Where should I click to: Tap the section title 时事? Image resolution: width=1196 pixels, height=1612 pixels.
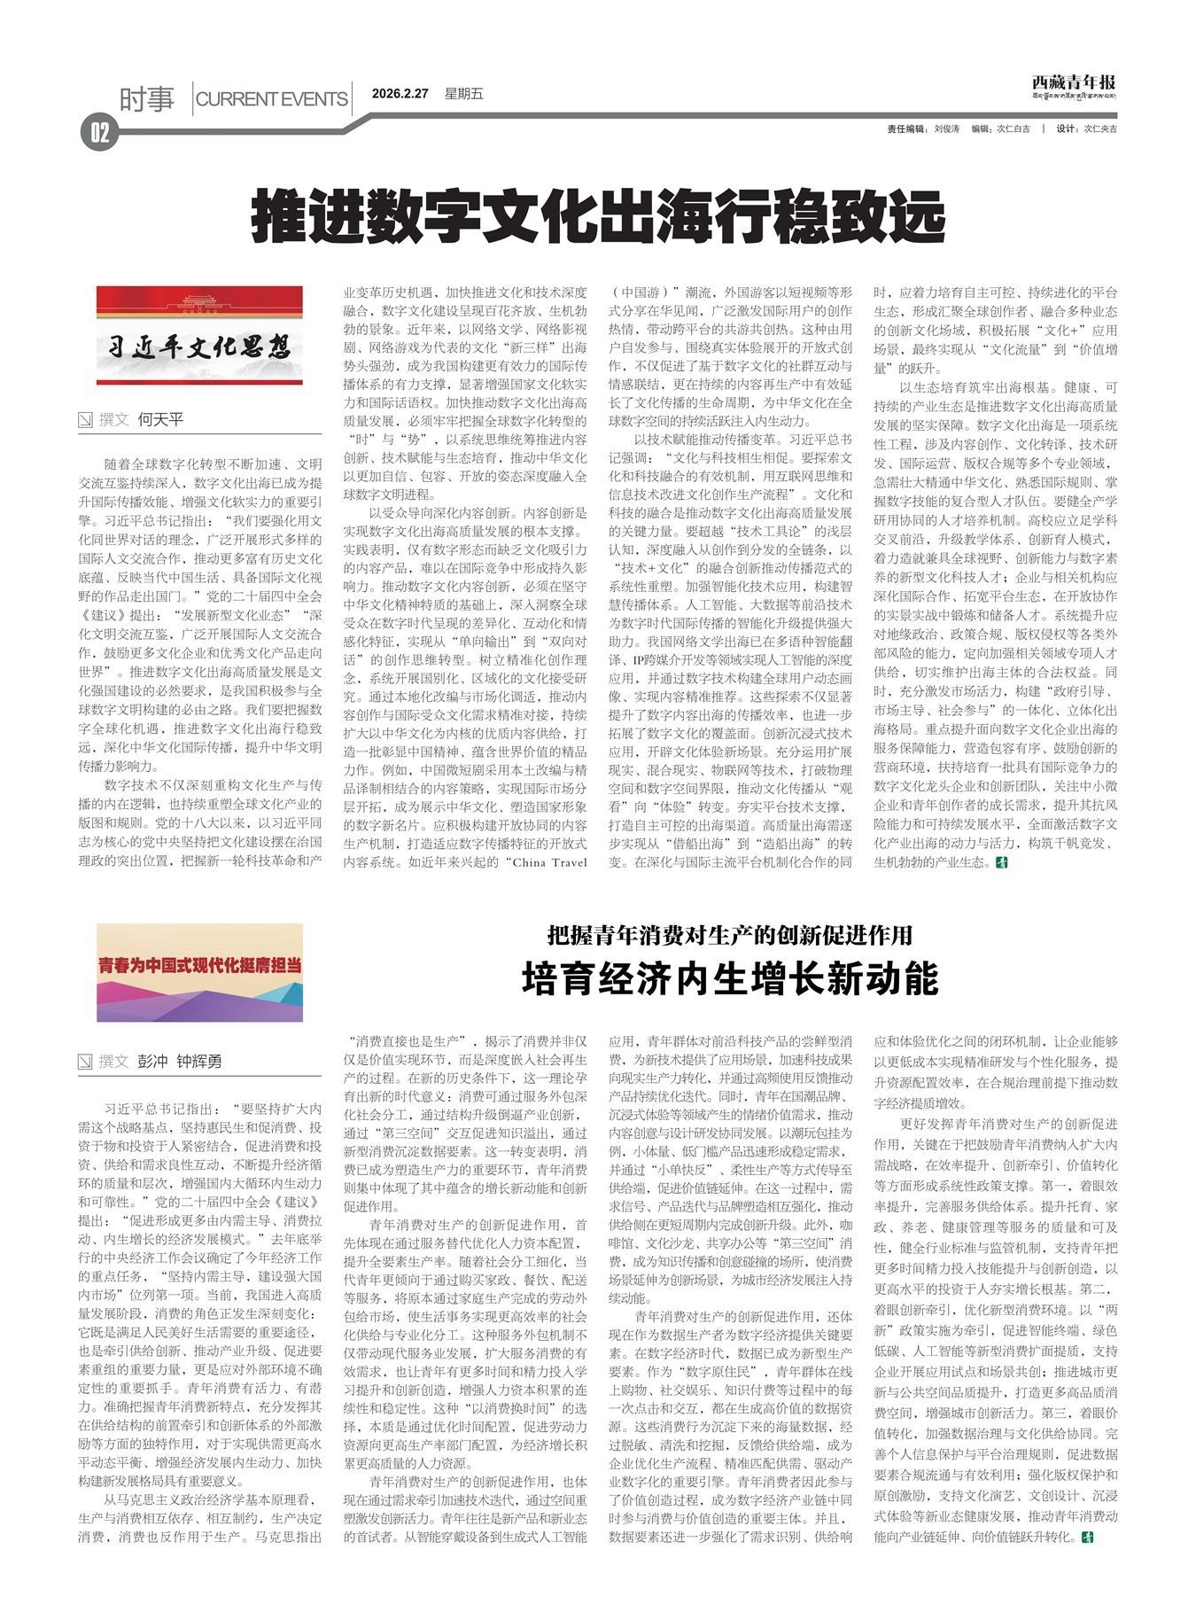click(147, 99)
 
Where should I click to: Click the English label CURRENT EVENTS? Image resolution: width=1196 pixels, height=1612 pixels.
click(271, 99)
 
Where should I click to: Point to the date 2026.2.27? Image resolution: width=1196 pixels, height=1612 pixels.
click(400, 94)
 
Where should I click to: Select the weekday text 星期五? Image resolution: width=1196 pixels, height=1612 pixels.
click(463, 94)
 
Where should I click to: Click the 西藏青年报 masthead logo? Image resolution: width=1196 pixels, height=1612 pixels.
click(1073, 85)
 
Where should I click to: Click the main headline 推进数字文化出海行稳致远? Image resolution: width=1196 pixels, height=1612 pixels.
click(598, 215)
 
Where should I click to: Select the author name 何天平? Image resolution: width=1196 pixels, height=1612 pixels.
click(160, 419)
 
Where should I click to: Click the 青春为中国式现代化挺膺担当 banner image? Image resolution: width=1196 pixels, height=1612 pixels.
click(199, 972)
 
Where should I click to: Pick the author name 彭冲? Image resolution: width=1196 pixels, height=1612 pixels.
click(152, 1061)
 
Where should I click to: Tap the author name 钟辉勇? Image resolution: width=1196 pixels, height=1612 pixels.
click(199, 1061)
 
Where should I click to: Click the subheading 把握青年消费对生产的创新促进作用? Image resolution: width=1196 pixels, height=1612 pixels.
click(729, 935)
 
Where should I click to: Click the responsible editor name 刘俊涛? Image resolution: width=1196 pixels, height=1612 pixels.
click(947, 129)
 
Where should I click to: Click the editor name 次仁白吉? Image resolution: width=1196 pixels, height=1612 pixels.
click(1013, 129)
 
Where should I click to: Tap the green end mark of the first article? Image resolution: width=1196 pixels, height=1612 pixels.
click(1002, 862)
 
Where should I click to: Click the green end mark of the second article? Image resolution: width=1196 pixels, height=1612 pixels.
click(1087, 1537)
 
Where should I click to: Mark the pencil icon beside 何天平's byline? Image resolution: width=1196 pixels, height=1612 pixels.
click(85, 419)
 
